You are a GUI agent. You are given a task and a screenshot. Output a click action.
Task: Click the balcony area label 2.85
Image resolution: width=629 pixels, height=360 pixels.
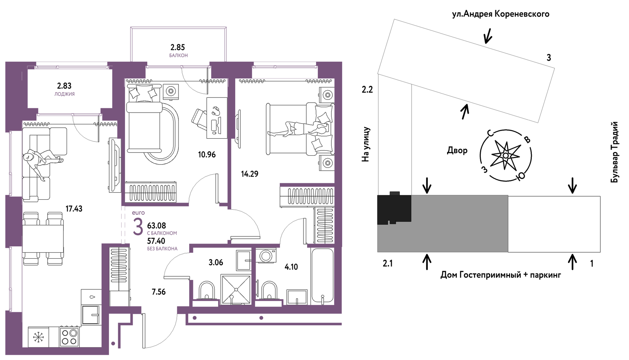click(x=178, y=47)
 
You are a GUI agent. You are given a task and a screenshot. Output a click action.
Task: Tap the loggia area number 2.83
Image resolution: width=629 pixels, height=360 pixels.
click(x=64, y=86)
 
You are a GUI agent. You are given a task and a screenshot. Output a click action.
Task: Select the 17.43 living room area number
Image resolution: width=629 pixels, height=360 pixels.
click(x=74, y=209)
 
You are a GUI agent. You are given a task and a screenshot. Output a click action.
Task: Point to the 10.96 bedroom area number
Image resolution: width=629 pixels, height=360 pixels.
click(x=207, y=155)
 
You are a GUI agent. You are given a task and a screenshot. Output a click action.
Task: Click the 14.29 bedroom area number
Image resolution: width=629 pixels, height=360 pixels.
click(x=250, y=174)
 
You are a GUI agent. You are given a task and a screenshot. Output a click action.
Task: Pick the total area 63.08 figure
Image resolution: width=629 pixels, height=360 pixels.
click(x=156, y=226)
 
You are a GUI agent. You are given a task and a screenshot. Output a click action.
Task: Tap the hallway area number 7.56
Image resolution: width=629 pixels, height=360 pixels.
click(x=159, y=292)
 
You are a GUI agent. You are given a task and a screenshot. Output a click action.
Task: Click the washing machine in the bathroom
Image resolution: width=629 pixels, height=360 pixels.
click(x=266, y=256)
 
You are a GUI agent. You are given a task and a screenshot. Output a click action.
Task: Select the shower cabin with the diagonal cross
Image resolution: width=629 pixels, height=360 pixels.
click(x=236, y=289)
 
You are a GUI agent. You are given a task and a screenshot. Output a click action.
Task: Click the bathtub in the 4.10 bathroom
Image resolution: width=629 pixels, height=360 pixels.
click(x=322, y=275)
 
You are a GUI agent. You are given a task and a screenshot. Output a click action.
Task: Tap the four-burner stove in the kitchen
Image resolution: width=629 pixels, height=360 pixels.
click(x=69, y=337)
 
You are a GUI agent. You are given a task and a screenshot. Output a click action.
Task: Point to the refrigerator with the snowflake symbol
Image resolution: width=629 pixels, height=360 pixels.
click(x=38, y=337)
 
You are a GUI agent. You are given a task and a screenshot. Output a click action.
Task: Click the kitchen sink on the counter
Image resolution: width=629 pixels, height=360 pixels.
click(x=91, y=314)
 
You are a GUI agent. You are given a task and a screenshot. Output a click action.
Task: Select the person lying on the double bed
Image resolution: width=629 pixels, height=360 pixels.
click(x=300, y=129)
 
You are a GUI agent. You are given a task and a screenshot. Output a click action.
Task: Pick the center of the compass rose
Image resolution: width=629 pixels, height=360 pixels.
click(x=506, y=156)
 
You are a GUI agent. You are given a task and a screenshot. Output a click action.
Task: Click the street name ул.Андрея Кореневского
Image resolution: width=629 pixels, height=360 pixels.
click(x=500, y=14)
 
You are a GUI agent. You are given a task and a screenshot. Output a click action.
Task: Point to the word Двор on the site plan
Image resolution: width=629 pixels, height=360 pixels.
click(x=457, y=151)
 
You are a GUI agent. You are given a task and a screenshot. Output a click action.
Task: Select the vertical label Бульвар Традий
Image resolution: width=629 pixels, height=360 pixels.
click(x=615, y=152)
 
